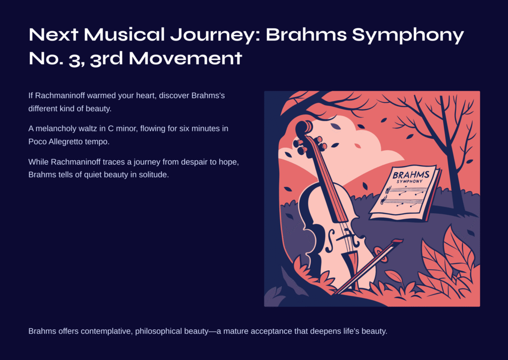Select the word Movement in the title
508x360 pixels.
pyautogui.click(x=186, y=59)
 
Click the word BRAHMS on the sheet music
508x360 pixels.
pyautogui.click(x=411, y=175)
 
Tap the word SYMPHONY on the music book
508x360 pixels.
pyautogui.click(x=410, y=181)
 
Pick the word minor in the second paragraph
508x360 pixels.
pyautogui.click(x=127, y=128)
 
